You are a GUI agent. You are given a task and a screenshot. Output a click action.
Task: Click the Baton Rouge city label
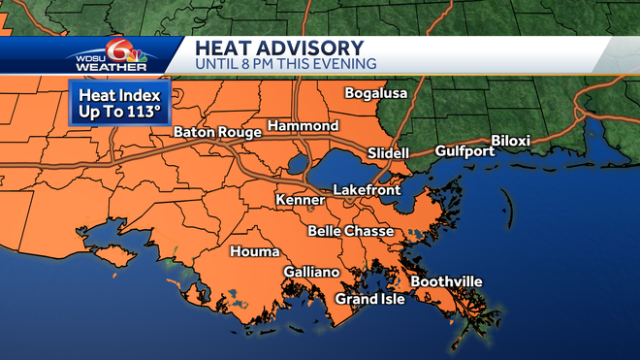point(218,132)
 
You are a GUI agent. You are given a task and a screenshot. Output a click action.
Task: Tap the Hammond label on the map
point(303,126)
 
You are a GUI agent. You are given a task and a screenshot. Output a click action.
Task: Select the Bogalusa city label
point(377,93)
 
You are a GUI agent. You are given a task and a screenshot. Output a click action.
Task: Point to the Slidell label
point(388,153)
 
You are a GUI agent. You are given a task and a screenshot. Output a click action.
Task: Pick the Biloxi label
point(511,141)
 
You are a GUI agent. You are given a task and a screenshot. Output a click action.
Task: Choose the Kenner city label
point(299,199)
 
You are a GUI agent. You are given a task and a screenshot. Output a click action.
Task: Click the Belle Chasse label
point(351,231)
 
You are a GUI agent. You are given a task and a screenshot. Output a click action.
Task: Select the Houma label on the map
point(253,252)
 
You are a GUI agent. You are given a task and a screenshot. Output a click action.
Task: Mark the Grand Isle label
point(369,298)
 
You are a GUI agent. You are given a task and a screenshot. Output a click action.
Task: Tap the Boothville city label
point(446,281)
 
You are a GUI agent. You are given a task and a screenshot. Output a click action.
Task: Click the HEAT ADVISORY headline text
point(278,48)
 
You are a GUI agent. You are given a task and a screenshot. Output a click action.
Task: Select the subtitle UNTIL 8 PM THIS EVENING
point(286,64)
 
